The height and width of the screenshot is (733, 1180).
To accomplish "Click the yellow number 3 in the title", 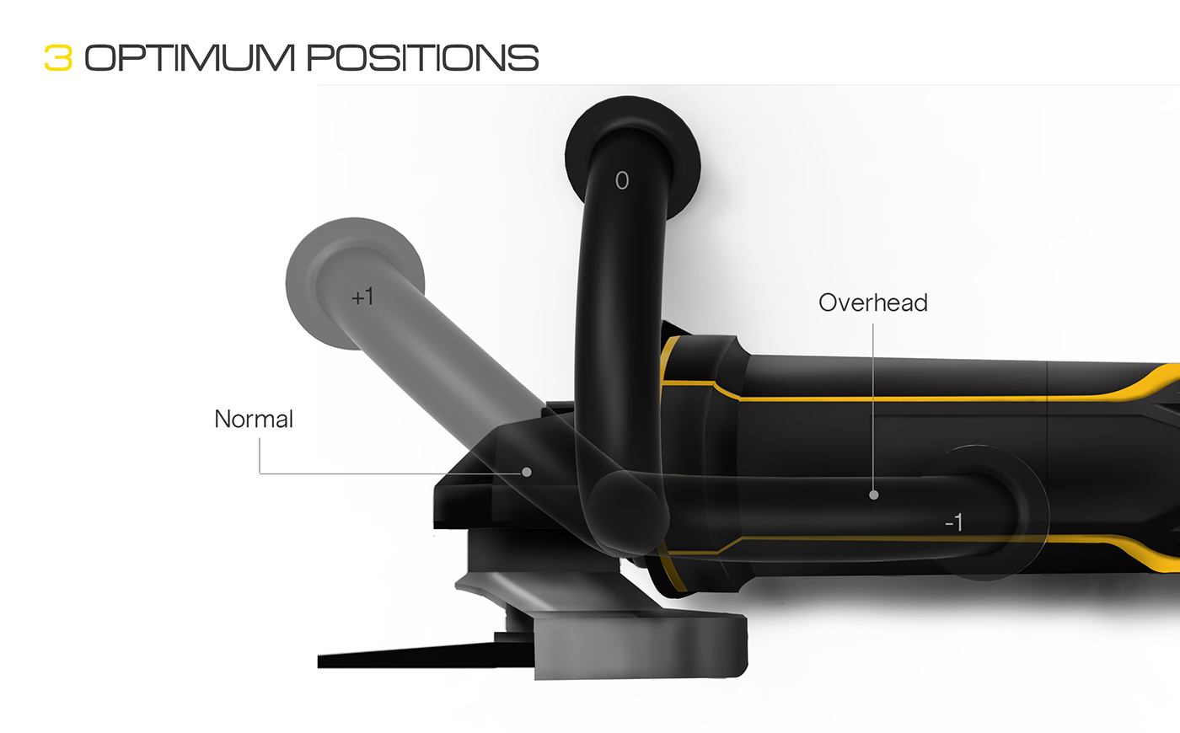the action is tap(58, 57).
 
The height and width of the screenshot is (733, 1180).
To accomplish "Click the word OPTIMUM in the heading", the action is tap(190, 57).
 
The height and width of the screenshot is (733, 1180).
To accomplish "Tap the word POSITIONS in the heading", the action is tap(422, 57).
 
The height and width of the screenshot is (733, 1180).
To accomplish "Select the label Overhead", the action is tap(872, 302).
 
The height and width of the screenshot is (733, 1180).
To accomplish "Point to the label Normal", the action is tap(254, 419).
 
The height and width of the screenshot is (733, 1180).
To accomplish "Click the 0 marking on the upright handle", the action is tap(622, 180).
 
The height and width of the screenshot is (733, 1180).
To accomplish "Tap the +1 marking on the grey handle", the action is tap(362, 297).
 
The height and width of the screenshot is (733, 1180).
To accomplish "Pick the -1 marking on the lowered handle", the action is tap(953, 523).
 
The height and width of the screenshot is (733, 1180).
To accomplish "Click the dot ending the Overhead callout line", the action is tap(874, 495).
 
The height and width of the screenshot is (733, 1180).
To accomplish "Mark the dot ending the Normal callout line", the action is tap(527, 472).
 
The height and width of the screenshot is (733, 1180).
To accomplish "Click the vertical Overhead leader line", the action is tap(873, 396).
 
